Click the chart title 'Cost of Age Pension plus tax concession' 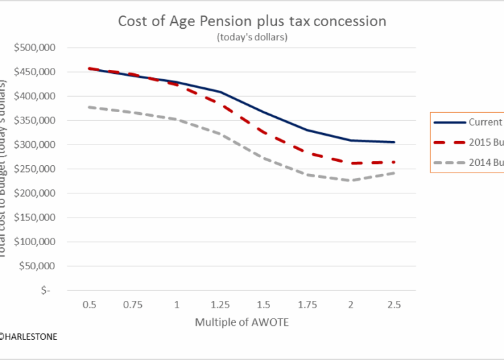click(x=252, y=21)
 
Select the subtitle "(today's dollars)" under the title click(x=252, y=37)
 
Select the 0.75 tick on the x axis click(x=133, y=305)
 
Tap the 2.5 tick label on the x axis click(x=394, y=305)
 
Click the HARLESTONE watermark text click(x=28, y=336)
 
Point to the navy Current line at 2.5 click(x=394, y=142)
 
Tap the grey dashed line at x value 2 click(x=351, y=180)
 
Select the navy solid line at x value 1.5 click(x=263, y=111)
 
